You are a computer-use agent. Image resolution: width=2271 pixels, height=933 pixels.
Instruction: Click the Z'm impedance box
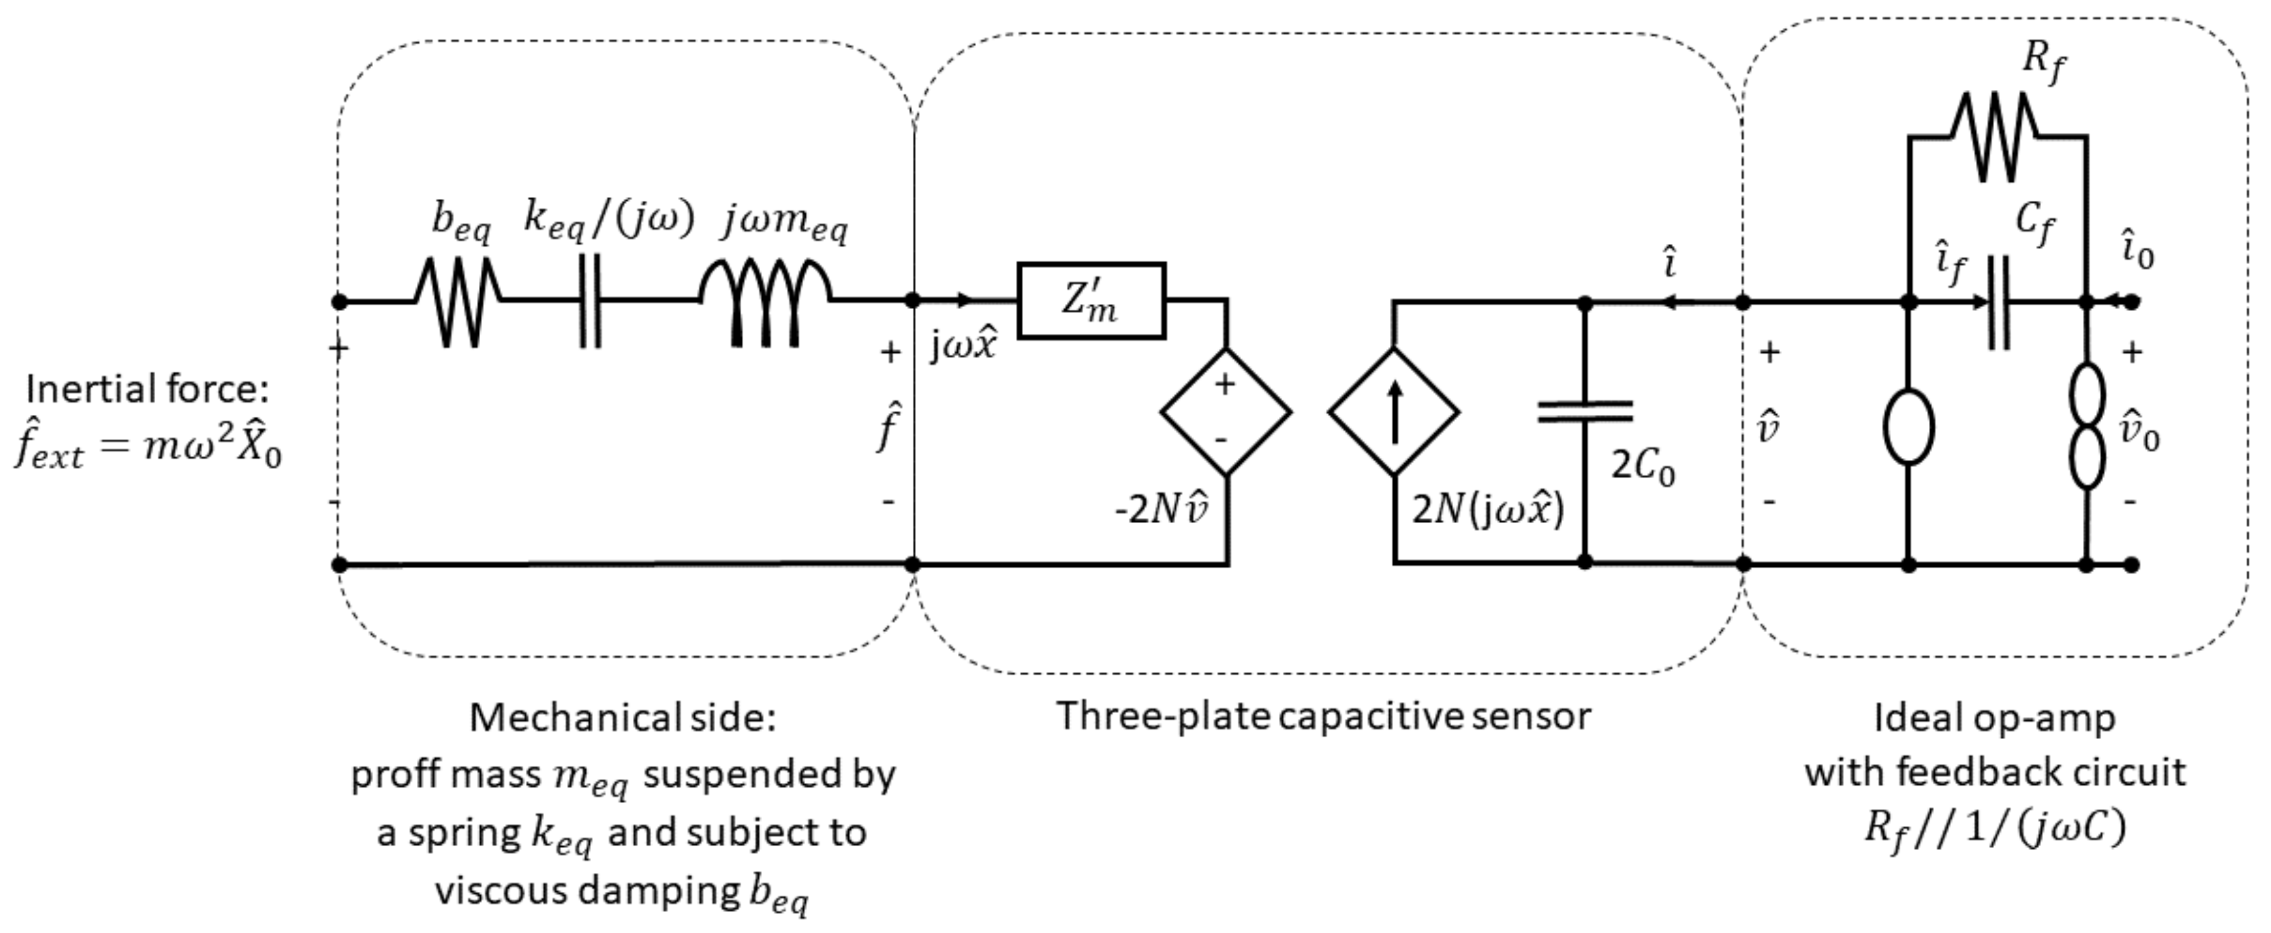(x=1091, y=301)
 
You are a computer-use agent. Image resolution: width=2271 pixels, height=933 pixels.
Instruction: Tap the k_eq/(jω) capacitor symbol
(x=590, y=301)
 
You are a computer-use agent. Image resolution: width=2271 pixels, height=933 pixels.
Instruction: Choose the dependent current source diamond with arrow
(x=1394, y=412)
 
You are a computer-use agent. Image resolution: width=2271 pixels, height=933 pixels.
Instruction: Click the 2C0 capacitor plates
(x=1584, y=412)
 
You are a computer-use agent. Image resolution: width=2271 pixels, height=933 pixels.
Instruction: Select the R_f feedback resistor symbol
(x=1996, y=137)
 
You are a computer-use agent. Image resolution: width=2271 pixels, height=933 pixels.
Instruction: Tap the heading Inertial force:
(x=147, y=389)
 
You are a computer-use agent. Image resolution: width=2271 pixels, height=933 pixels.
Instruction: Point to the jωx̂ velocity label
(x=963, y=346)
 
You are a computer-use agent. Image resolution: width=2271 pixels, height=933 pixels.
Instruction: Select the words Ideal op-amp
(x=1994, y=718)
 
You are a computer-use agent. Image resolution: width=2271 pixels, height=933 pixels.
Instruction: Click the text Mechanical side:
(x=623, y=718)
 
